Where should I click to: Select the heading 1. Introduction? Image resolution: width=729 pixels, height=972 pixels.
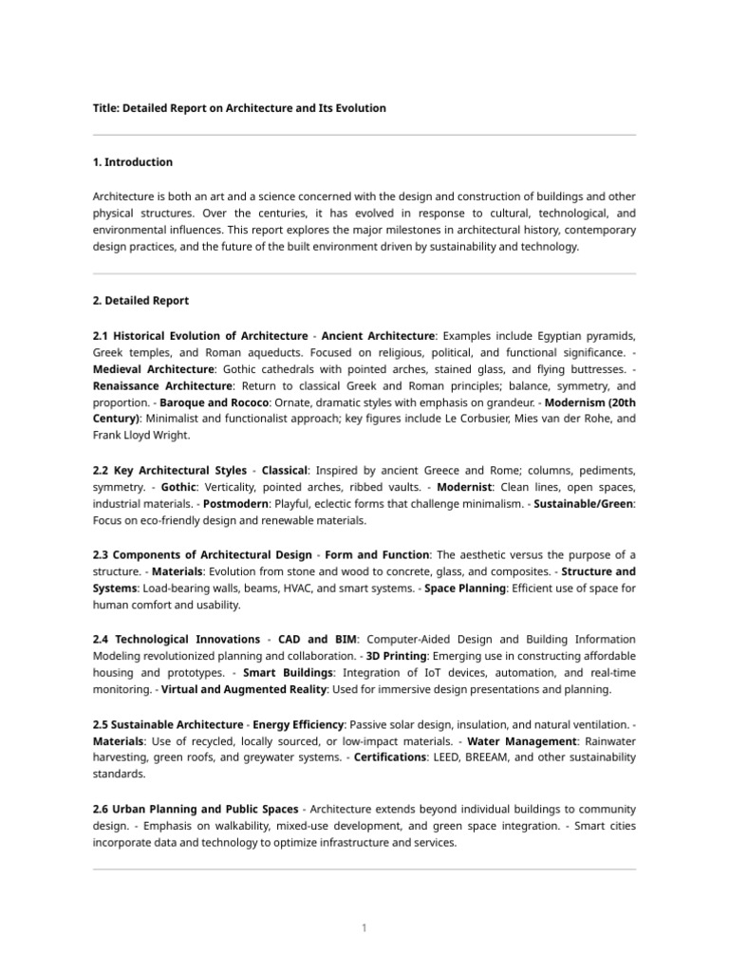[133, 162]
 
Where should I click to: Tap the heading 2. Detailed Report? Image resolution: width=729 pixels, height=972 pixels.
[140, 301]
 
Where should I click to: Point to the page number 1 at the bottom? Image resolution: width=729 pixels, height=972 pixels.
[364, 927]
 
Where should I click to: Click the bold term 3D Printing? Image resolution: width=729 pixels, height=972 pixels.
[396, 657]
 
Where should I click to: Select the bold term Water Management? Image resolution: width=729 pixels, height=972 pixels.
[521, 740]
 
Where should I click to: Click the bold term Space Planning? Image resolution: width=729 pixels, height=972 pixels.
[465, 589]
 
